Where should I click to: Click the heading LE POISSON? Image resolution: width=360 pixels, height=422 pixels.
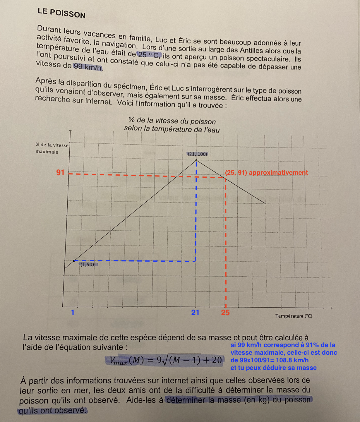(61, 13)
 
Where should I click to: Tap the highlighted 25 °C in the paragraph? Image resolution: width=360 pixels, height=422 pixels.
(149, 55)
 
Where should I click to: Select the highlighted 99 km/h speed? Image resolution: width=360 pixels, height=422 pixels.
(88, 67)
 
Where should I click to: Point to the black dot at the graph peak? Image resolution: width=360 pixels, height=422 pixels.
(196, 160)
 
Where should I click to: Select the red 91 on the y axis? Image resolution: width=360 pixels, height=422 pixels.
(60, 172)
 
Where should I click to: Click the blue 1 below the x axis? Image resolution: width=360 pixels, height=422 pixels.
(73, 313)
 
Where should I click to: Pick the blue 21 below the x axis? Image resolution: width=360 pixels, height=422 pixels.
(195, 313)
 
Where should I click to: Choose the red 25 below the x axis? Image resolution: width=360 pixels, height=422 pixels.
(225, 313)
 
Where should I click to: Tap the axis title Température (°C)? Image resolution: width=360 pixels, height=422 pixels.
(294, 316)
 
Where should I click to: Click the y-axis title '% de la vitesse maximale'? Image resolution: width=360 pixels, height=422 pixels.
(52, 148)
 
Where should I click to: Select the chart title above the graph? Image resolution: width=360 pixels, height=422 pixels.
(172, 125)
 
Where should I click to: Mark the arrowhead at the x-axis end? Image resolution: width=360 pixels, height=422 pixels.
(331, 308)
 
